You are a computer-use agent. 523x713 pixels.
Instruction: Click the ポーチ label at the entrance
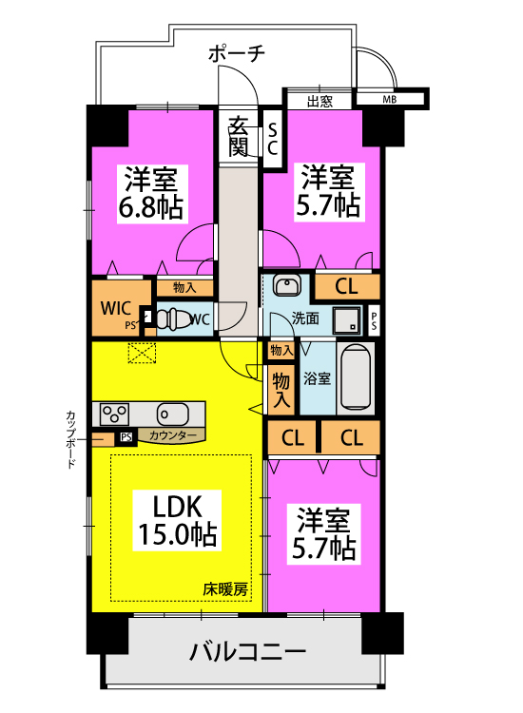point(238,54)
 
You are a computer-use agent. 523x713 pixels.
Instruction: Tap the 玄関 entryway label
point(239,136)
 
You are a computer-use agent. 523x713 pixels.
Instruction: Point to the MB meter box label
point(390,99)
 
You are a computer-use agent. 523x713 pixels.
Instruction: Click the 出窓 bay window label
point(320,101)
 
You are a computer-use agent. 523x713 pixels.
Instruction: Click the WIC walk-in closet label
point(117,307)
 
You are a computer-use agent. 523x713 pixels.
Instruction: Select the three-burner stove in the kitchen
point(116,414)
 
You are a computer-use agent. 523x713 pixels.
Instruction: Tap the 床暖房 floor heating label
point(225,589)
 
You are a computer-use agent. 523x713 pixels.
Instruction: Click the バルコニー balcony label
point(246,653)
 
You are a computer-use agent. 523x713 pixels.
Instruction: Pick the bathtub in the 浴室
point(356,378)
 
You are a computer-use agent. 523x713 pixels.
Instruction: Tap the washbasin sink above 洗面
point(286,285)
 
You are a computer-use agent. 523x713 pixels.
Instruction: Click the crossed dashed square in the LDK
point(142,354)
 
